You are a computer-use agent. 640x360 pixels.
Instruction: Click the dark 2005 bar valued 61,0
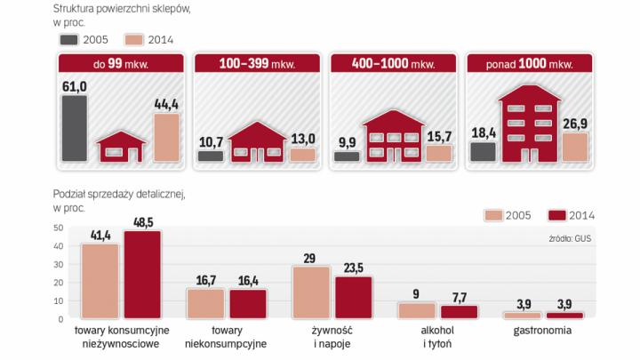coord(75,128)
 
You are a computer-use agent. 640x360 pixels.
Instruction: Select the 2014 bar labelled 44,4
coord(166,138)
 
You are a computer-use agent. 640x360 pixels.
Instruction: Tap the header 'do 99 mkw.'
coord(124,63)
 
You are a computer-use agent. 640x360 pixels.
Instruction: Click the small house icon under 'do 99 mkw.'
coord(121,146)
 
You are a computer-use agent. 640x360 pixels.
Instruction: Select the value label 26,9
coord(575,123)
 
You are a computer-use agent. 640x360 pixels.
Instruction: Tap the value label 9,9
coord(347,140)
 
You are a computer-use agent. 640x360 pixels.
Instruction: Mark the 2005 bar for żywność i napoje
coord(311,292)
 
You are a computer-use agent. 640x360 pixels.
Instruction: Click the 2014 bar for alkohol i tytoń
coord(459,311)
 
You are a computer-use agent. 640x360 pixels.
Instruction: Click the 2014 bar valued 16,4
coord(248,303)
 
